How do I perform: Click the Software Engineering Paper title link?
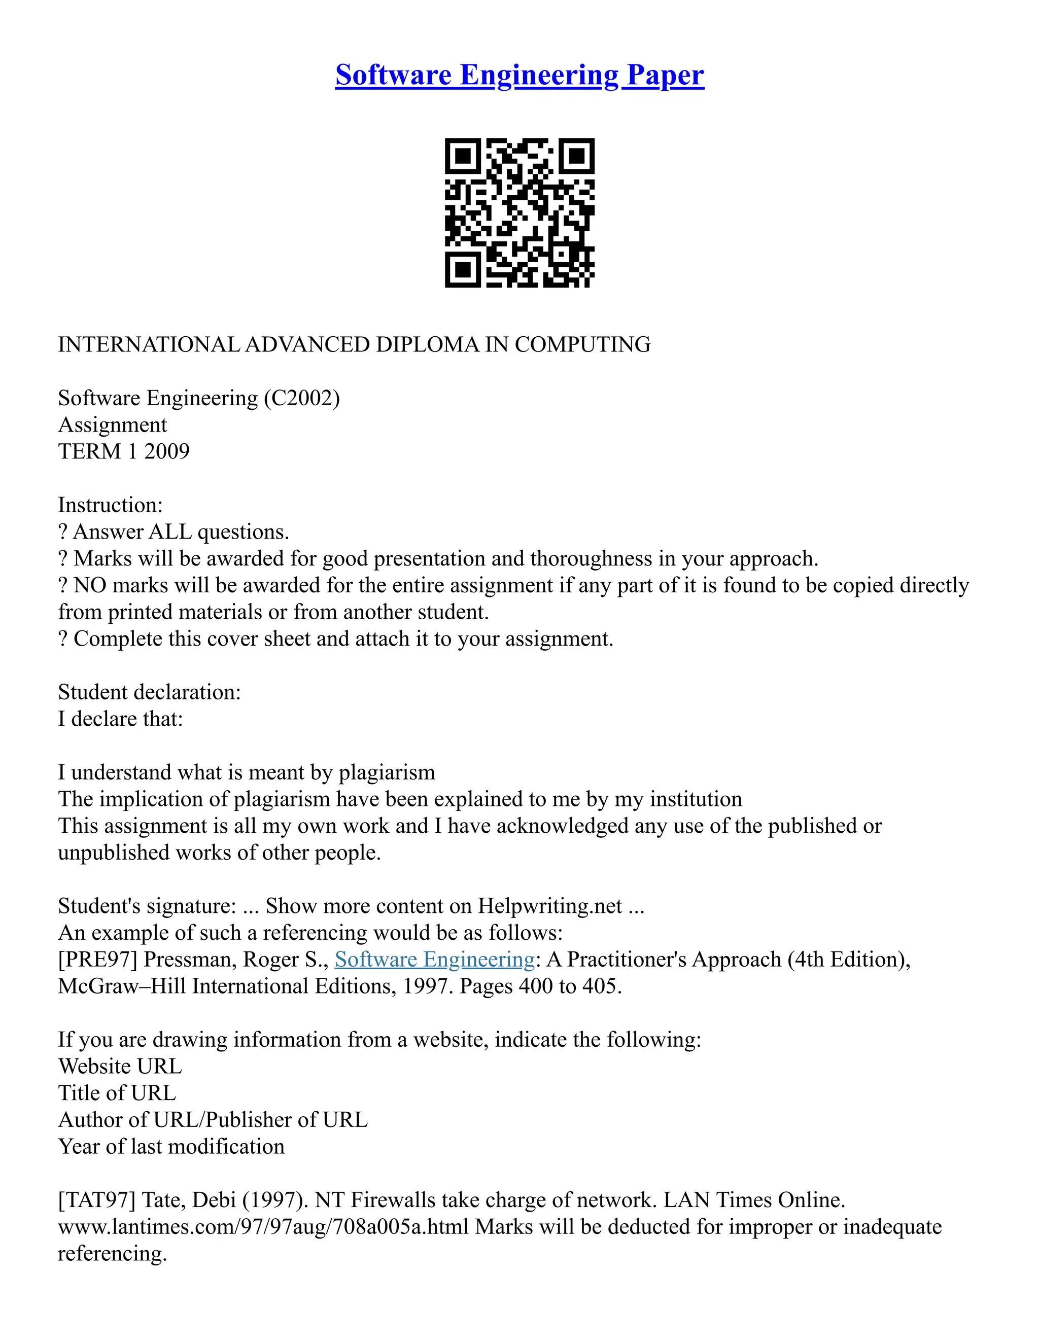pyautogui.click(x=519, y=76)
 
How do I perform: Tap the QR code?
pyautogui.click(x=519, y=213)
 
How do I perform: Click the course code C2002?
pyautogui.click(x=302, y=398)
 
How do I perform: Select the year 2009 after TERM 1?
pyautogui.click(x=167, y=452)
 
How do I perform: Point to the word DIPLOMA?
pyautogui.click(x=427, y=344)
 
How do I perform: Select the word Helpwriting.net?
pyautogui.click(x=549, y=906)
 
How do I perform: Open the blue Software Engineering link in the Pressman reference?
pyautogui.click(x=435, y=960)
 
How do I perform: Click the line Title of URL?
pyautogui.click(x=117, y=1093)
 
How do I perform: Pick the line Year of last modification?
pyautogui.click(x=171, y=1147)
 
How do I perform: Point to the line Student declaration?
pyautogui.click(x=149, y=692)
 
